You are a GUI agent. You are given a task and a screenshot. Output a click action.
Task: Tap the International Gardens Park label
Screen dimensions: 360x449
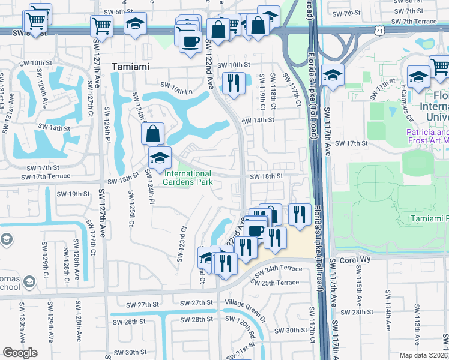pyautogui.click(x=188, y=178)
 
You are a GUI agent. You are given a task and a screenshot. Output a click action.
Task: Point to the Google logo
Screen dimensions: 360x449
pyautogui.click(x=20, y=353)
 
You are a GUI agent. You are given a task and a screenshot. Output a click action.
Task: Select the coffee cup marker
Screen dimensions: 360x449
pyautogui.click(x=191, y=41)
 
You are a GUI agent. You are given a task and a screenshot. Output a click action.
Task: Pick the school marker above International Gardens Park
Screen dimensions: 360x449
pyautogui.click(x=160, y=158)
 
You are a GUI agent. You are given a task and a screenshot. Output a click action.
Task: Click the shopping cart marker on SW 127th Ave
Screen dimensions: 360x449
pyautogui.click(x=101, y=26)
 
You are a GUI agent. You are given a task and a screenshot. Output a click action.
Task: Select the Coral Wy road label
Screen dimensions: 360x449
pyautogui.click(x=355, y=260)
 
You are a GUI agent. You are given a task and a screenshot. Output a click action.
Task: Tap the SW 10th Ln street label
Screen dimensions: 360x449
pyautogui.click(x=175, y=91)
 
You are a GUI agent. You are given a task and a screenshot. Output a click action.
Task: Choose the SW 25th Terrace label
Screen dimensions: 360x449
pyautogui.click(x=277, y=283)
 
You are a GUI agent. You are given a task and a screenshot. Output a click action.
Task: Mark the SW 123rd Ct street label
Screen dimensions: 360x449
pyautogui.click(x=181, y=245)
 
